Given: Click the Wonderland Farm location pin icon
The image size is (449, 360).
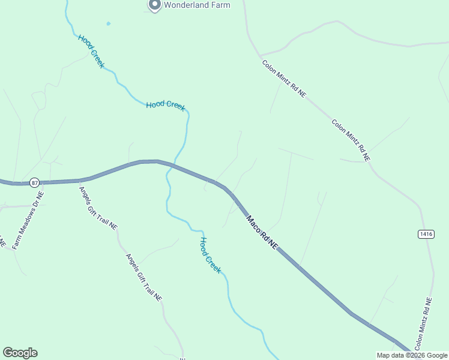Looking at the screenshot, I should click(x=154, y=5).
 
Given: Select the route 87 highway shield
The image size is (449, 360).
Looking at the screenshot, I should click(x=34, y=182).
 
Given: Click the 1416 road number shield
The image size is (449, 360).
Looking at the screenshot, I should click(x=426, y=233).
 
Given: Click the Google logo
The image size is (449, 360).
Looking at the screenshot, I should click(x=20, y=353).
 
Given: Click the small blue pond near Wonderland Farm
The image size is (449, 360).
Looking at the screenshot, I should click(x=108, y=24).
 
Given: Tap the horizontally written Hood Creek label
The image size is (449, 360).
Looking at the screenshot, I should click(x=166, y=105).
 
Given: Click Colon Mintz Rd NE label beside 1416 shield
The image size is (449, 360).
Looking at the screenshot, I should click(x=423, y=324).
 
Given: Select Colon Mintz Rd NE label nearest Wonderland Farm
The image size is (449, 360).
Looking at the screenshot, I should click(x=284, y=78).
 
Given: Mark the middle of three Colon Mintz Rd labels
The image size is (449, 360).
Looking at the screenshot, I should click(x=351, y=140).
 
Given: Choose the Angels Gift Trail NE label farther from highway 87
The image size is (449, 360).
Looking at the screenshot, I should click(x=143, y=277).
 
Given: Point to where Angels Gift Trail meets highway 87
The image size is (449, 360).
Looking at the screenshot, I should click(x=80, y=180).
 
